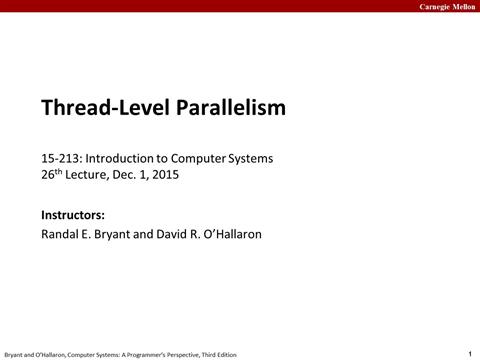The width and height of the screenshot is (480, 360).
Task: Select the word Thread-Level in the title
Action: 102,107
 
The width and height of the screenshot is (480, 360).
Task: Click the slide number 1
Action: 469,353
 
